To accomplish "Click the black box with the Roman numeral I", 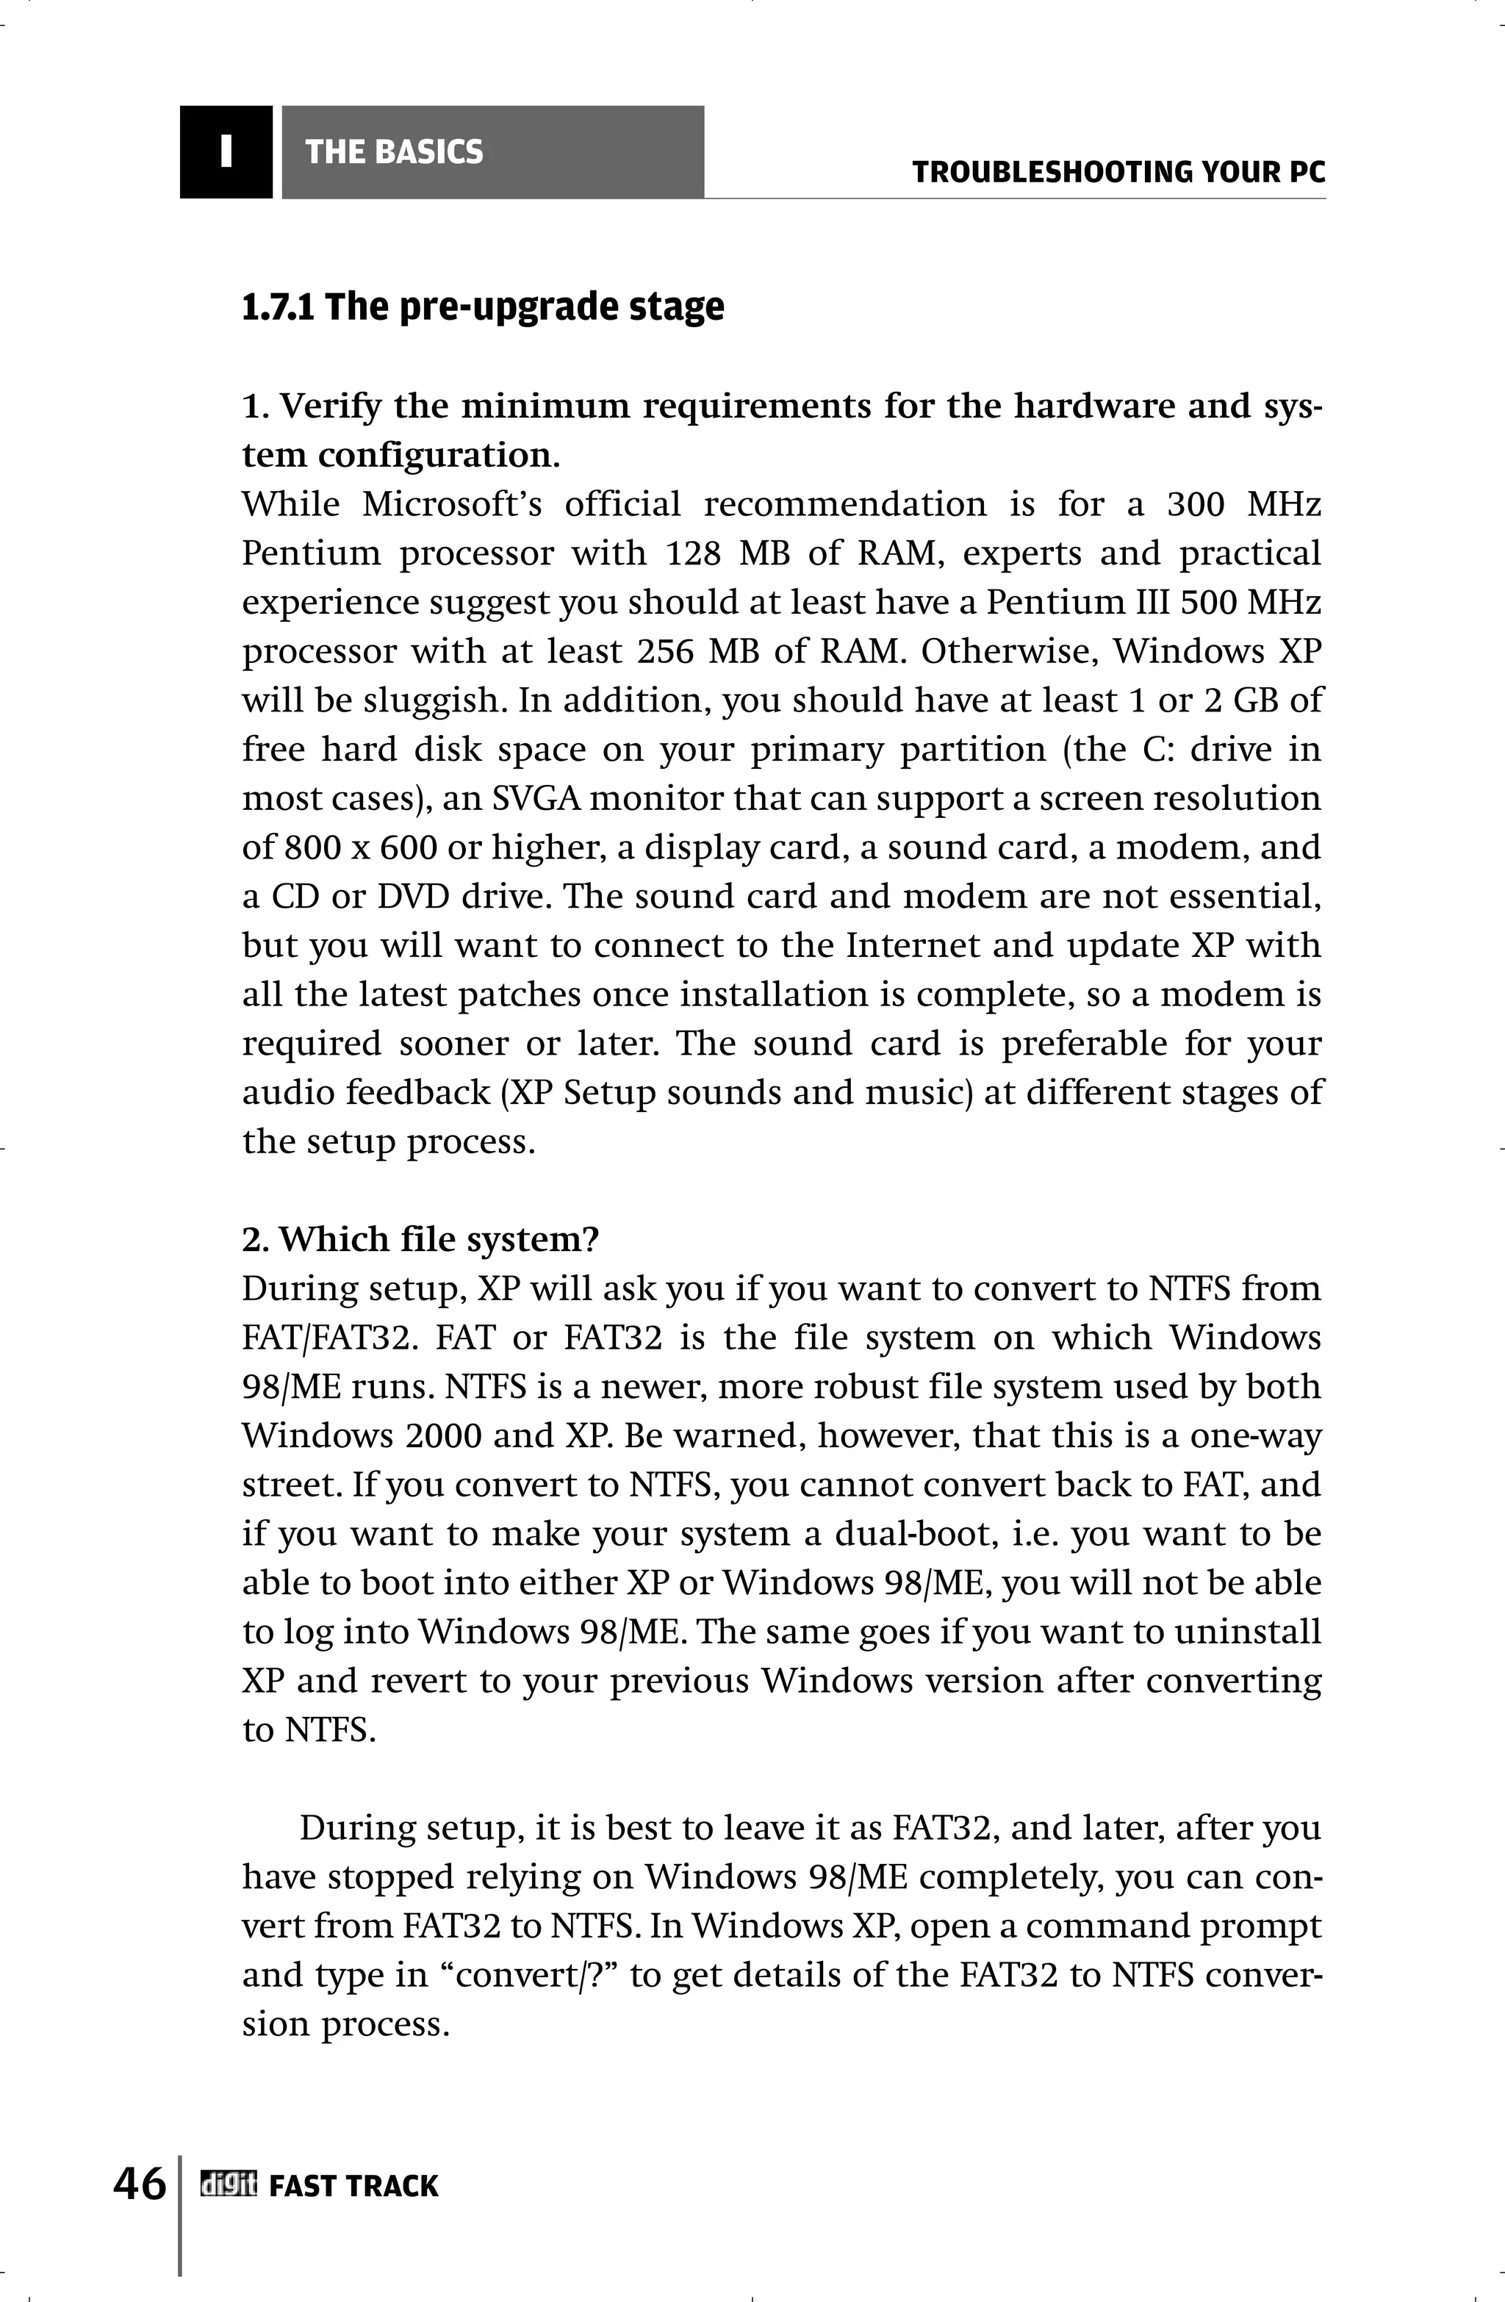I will click(226, 152).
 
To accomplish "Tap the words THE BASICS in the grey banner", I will click(394, 152).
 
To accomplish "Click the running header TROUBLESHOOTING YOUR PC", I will click(1118, 173).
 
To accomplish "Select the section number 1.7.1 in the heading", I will click(278, 307).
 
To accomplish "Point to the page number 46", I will click(140, 2183).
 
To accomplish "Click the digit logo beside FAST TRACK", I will click(229, 2184).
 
